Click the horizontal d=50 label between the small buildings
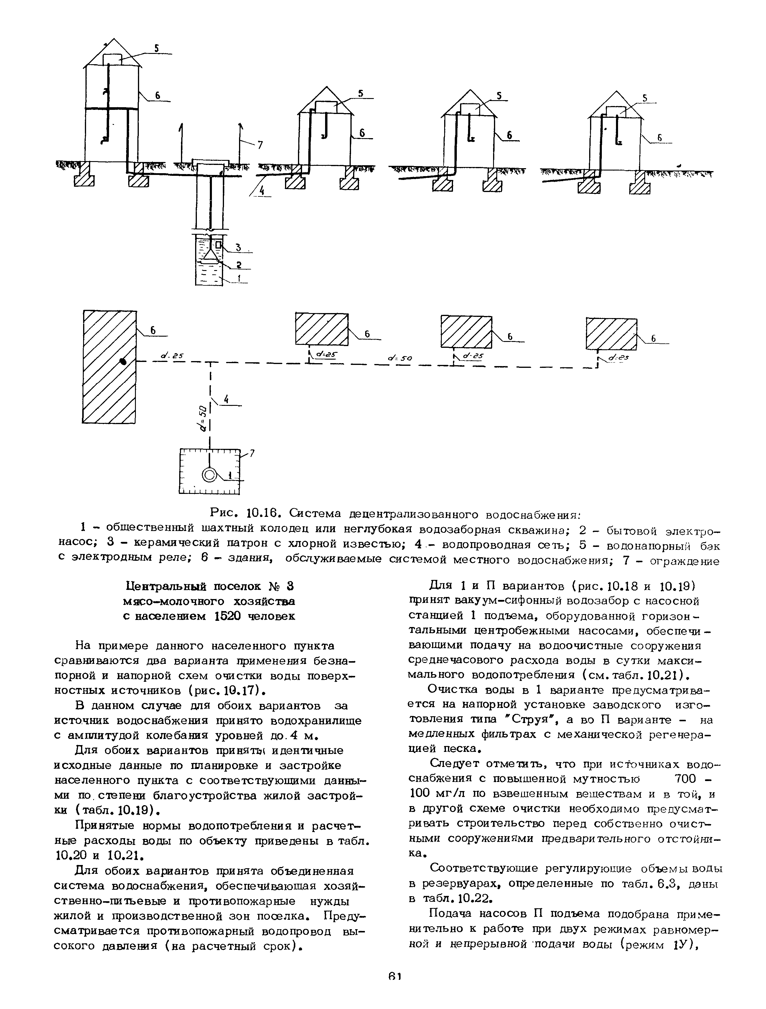(400, 358)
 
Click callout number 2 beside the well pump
(238, 264)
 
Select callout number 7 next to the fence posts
(260, 145)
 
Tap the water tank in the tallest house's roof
(112, 59)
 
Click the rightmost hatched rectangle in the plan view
(611, 333)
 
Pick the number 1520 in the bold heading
(228, 616)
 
